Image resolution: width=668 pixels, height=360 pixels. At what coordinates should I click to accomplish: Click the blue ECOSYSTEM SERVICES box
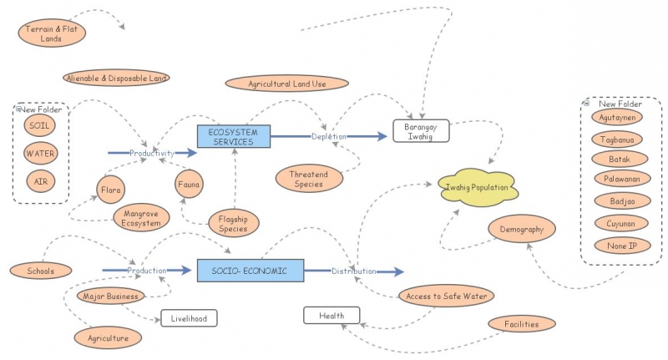pyautogui.click(x=234, y=136)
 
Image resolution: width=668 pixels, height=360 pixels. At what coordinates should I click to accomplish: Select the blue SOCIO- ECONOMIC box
pyautogui.click(x=250, y=270)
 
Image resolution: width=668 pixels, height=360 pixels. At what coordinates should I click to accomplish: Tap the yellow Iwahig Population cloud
pyautogui.click(x=477, y=188)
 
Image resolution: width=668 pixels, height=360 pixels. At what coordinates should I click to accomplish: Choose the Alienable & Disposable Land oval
pyautogui.click(x=116, y=78)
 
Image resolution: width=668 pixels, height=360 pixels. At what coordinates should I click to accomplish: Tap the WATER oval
pyautogui.click(x=40, y=154)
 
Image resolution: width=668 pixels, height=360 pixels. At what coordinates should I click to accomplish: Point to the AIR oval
pyautogui.click(x=40, y=181)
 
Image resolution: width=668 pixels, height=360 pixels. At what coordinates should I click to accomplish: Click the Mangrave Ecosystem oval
pyautogui.click(x=141, y=217)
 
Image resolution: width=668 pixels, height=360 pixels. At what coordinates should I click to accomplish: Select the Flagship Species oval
pyautogui.click(x=234, y=223)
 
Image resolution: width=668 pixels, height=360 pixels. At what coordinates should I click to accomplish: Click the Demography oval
pyautogui.click(x=522, y=229)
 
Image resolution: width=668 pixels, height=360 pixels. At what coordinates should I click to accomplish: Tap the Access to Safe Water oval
pyautogui.click(x=447, y=296)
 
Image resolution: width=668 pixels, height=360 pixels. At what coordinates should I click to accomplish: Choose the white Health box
pyautogui.click(x=331, y=315)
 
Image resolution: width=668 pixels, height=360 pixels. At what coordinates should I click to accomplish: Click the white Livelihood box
pyautogui.click(x=189, y=317)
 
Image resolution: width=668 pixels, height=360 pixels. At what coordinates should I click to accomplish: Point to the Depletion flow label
pyautogui.click(x=328, y=136)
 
